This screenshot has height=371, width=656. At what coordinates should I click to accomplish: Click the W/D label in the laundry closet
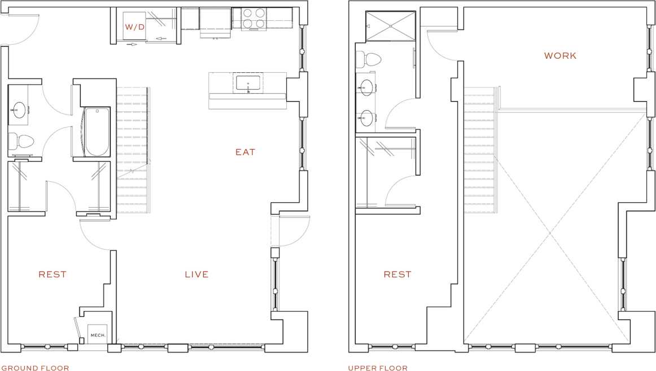coord(134,27)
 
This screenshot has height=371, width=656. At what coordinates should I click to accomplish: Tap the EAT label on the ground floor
coord(245,152)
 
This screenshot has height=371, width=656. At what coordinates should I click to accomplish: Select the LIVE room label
coord(196,274)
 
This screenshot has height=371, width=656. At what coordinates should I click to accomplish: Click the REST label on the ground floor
coord(53,274)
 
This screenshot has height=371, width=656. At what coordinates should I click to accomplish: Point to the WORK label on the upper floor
coord(560,56)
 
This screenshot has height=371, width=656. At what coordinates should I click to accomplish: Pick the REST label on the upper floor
coord(397,274)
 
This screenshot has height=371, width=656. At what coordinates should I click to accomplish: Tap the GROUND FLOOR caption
coord(35,368)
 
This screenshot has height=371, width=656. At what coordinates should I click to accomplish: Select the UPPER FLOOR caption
coord(378,368)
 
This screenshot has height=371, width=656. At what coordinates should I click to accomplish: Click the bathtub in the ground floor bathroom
coord(97,132)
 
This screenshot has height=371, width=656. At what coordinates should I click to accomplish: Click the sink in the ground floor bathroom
coord(20,110)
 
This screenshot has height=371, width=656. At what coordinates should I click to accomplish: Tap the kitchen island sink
coord(248,84)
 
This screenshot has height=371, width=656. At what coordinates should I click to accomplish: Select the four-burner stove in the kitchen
coord(254,18)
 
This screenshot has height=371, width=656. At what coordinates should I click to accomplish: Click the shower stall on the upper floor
coord(390,26)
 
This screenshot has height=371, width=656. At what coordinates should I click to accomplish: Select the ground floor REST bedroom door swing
coord(95,235)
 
